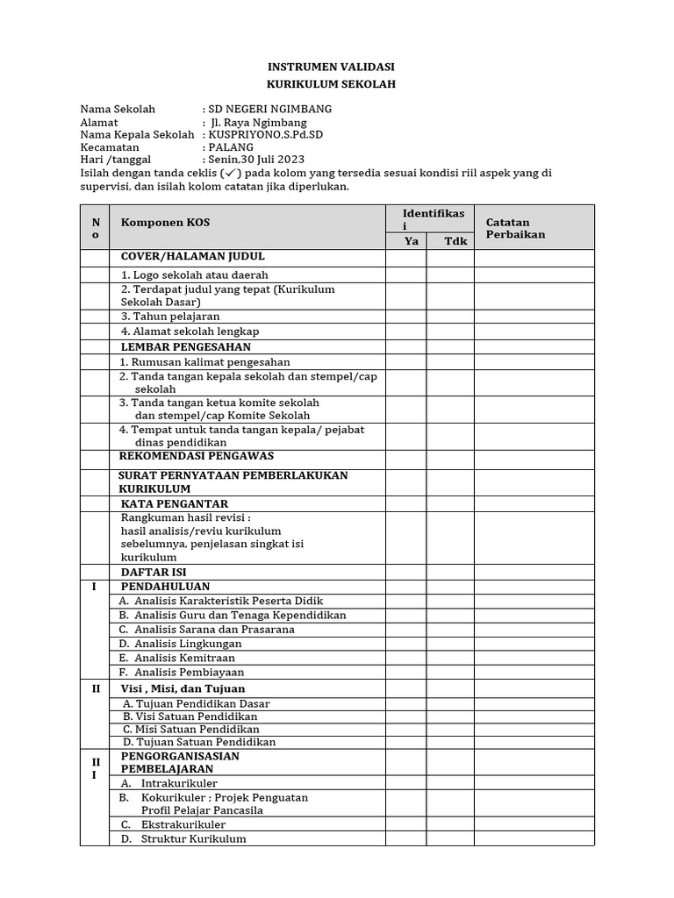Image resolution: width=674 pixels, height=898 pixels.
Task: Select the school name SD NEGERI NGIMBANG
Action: click(x=269, y=109)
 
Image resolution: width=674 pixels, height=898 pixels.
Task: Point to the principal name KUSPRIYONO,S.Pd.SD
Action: click(x=265, y=135)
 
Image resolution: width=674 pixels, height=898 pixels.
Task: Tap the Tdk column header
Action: click(x=450, y=241)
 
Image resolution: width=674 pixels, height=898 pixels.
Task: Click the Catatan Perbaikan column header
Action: click(x=515, y=228)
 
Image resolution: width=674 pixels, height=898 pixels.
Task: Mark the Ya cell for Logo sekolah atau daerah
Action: click(x=406, y=274)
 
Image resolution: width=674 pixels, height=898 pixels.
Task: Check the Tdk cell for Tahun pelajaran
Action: click(x=450, y=316)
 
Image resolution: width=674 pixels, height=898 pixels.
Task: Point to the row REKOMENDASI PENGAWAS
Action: click(x=197, y=456)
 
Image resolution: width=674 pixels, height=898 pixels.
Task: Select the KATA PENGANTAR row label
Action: click(x=174, y=503)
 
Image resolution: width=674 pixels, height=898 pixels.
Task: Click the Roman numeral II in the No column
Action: click(x=95, y=688)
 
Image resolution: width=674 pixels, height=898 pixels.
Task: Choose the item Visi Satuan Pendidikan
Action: click(x=190, y=716)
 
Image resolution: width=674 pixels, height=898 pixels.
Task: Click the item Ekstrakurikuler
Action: click(x=183, y=824)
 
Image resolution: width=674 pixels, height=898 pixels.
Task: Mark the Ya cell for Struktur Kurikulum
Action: click(x=406, y=838)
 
